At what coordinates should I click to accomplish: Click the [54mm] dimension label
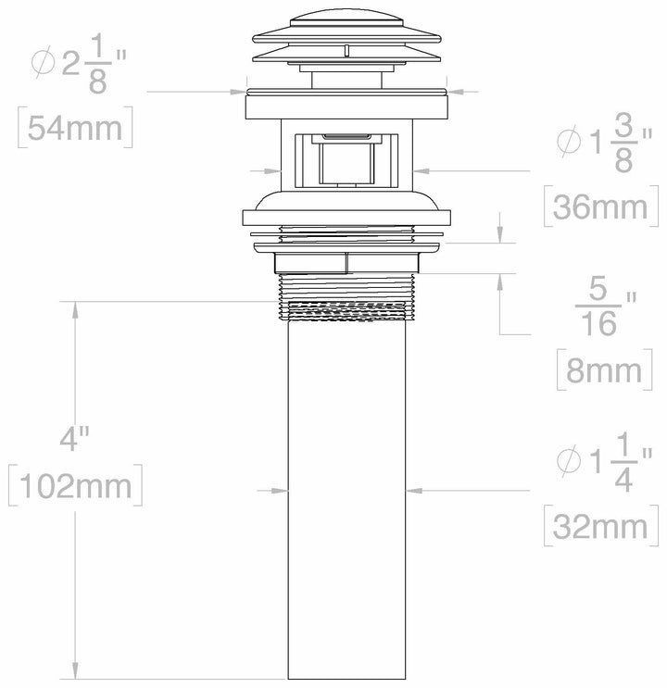point(74,127)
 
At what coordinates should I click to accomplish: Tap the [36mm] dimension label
point(597,206)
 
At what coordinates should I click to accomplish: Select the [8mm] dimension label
point(603,369)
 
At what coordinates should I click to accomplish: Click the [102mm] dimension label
point(75,485)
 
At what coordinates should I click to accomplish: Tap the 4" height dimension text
point(73,439)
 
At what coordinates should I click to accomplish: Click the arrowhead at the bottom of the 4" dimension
point(75,679)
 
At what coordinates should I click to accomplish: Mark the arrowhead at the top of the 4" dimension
point(75,306)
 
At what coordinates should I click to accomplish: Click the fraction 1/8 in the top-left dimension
point(97,66)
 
